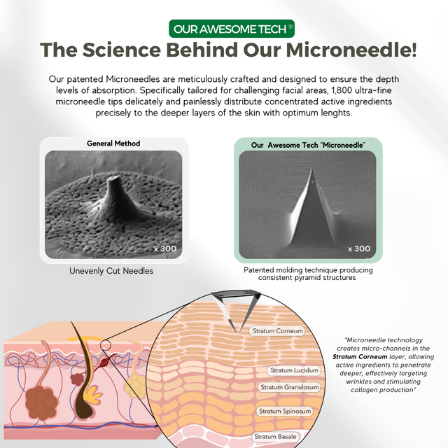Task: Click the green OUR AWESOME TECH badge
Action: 232,29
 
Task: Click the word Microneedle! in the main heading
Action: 351,50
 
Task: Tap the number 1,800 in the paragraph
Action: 342,90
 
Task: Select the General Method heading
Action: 113,143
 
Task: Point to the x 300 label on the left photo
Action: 165,249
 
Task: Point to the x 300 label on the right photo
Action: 359,249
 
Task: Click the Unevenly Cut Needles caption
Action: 111,271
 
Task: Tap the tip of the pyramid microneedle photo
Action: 311,169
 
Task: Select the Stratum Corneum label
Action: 277,331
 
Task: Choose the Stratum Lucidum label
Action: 294,370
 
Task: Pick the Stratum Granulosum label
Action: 289,387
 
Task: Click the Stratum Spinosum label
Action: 285,412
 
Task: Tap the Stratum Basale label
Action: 275,437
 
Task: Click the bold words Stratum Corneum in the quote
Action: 360,357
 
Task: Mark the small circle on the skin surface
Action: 106,345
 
